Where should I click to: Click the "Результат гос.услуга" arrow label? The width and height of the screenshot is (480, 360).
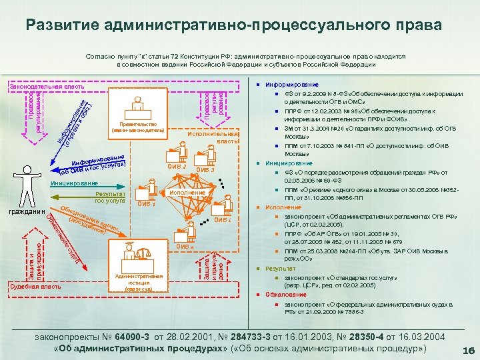110,197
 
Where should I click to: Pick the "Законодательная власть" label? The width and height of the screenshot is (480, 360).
37,87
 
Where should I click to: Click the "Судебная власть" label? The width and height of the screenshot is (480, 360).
34,287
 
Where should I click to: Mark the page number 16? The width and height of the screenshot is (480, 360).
467,351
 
